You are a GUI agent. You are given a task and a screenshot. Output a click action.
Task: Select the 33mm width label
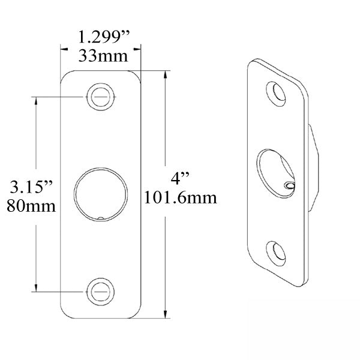click(100, 56)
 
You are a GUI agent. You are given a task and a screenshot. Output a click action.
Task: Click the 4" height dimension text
click(180, 178)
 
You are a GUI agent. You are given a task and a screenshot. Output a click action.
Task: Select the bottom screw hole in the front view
click(100, 292)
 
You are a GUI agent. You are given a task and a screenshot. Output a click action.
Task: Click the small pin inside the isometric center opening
click(290, 187)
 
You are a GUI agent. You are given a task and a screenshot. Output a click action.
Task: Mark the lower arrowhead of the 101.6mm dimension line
click(166, 314)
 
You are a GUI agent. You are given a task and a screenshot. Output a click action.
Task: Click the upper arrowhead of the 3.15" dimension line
click(37, 100)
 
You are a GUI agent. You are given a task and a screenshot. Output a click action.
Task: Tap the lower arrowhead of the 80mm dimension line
click(37, 288)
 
